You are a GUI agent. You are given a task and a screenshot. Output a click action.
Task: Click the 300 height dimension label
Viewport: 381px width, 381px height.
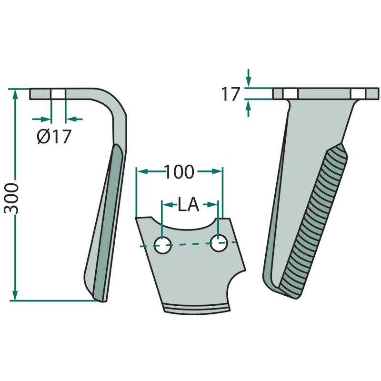[x=11, y=199]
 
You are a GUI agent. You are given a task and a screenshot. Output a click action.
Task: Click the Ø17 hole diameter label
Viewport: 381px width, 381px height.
[x=54, y=137]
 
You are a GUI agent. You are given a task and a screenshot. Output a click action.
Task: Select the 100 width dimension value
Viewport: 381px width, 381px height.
[x=180, y=172]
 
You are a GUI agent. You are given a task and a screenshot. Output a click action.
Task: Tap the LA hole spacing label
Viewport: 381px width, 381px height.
[x=188, y=204]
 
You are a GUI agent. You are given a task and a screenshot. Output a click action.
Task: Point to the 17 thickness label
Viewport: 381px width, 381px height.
[x=231, y=94]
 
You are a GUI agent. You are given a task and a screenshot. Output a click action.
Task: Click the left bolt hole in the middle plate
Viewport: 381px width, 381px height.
[x=163, y=245]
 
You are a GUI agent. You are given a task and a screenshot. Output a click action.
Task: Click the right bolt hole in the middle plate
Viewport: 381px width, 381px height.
[x=219, y=243]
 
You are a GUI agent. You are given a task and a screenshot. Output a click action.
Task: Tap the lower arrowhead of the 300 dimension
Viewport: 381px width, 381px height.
[x=15, y=295]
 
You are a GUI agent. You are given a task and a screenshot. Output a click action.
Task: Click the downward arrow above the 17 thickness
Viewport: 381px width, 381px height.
[x=248, y=78]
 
